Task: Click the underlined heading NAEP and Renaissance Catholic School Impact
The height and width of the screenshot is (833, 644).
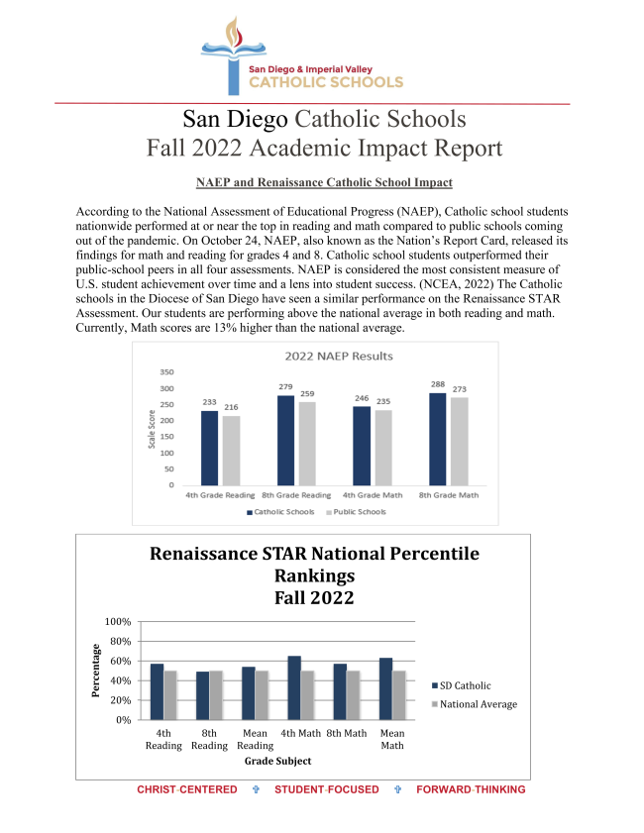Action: coord(324,183)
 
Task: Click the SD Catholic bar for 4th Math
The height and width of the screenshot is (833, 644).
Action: coord(295,687)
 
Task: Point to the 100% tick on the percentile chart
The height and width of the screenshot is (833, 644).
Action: coord(118,621)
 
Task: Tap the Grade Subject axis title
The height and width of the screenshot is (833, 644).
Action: coord(277,761)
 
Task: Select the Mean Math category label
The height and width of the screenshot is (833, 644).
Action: coord(392,739)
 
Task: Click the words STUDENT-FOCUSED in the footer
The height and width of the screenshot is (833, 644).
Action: coord(326,789)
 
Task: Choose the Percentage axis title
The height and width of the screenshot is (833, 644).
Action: coord(96,671)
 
